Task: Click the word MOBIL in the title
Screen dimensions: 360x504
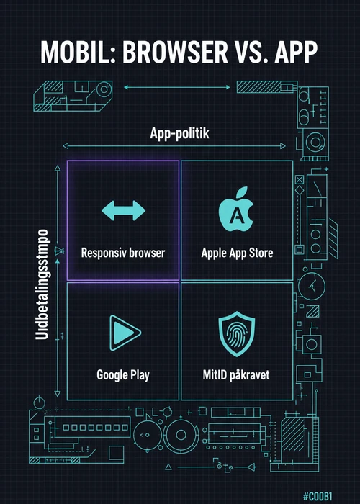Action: coord(78,53)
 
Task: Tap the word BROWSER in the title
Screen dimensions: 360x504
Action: coord(175,53)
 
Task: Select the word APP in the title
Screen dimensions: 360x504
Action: coord(297,53)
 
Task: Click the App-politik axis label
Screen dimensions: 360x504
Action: coord(179,133)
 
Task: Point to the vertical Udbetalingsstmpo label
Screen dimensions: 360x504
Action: coord(42,284)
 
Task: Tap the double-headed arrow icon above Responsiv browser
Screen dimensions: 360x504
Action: coord(123,210)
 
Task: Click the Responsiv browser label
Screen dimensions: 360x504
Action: coord(123,253)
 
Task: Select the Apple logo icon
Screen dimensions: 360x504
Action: coord(236,210)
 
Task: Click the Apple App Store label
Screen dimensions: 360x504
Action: coord(237,253)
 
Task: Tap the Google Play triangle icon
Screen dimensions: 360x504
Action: coord(125,333)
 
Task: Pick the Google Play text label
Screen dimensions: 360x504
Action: coord(123,375)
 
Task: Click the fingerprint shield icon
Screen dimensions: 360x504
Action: coord(237,333)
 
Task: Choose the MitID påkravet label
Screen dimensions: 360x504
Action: coord(236,375)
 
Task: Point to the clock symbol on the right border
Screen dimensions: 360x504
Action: coord(312,286)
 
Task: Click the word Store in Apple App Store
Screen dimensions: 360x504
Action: coord(261,253)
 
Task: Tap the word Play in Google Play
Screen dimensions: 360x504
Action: coord(140,375)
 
